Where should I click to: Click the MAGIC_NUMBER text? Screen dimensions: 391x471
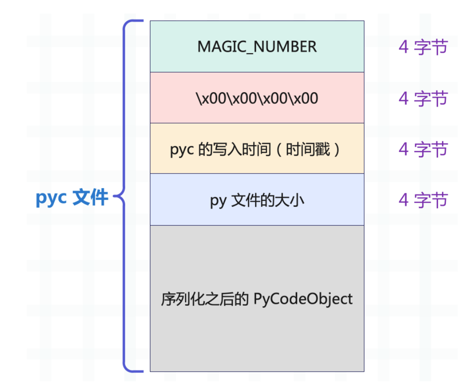[257, 47]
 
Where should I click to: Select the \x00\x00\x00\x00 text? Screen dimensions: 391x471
[257, 98]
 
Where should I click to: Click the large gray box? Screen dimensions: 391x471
[257, 334]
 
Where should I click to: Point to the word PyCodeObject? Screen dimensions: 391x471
[303, 299]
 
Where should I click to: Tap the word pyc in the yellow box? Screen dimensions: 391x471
[182, 150]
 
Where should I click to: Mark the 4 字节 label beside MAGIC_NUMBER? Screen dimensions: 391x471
[423, 47]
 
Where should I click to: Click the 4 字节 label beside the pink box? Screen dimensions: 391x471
[423, 98]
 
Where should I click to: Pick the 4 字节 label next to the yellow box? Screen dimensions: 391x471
[423, 149]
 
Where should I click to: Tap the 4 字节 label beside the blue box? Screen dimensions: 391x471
[423, 200]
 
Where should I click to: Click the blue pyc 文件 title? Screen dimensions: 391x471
[72, 198]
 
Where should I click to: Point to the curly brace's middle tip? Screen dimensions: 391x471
[116, 197]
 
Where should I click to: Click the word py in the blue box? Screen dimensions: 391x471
[218, 201]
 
